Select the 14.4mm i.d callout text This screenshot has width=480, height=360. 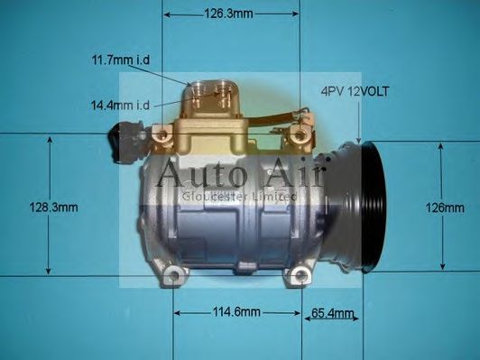[117, 106]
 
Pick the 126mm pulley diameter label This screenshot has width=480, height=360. [444, 208]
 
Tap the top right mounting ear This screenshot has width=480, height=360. [298, 135]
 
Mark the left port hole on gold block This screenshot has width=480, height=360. [200, 91]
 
